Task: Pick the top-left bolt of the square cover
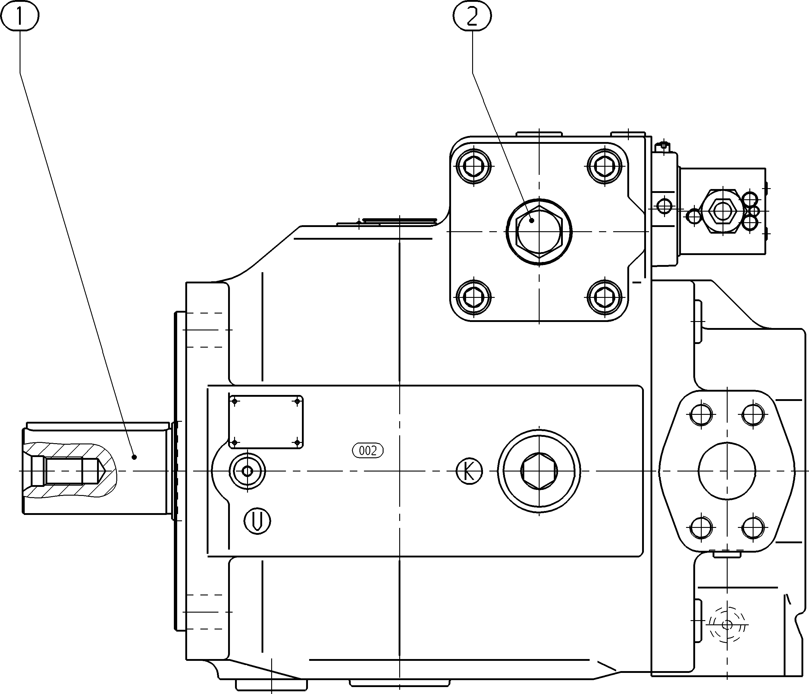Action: point(474,166)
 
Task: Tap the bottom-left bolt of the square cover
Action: point(474,297)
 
